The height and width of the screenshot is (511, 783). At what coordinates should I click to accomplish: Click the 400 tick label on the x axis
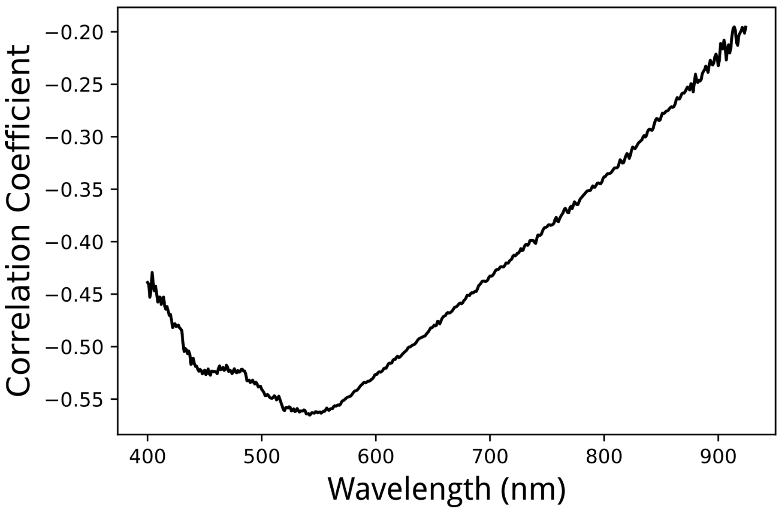click(x=147, y=457)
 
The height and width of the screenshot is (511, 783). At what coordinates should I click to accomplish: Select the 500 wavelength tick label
click(x=261, y=457)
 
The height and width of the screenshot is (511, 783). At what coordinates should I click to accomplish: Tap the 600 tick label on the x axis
click(x=376, y=457)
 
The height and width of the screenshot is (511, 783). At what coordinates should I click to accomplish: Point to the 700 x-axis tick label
click(x=489, y=457)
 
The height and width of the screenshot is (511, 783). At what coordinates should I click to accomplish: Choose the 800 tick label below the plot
click(x=604, y=457)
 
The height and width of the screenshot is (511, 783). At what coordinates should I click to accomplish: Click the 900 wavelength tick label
click(x=718, y=457)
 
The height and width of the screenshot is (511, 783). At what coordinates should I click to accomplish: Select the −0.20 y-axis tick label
click(x=75, y=32)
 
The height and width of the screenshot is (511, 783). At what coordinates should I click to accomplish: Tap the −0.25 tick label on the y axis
click(x=75, y=85)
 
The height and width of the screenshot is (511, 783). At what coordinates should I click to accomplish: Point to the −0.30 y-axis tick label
click(x=75, y=137)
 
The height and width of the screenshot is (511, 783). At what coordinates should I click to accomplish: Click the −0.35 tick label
click(x=75, y=189)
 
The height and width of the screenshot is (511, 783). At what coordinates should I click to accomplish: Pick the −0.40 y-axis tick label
click(x=75, y=242)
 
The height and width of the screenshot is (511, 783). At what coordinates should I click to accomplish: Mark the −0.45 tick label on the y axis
click(x=75, y=294)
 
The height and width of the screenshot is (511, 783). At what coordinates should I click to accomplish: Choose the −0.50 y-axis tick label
click(x=75, y=347)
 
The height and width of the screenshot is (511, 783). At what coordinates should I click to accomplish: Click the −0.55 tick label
click(x=75, y=399)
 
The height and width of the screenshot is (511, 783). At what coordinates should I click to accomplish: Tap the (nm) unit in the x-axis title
click(x=533, y=489)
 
